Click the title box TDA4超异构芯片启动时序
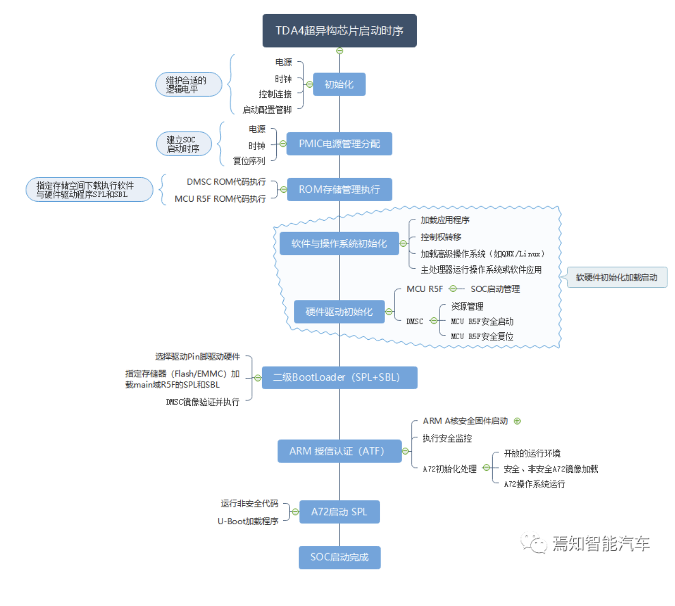(339, 31)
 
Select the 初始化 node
(339, 84)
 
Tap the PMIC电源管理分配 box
(339, 144)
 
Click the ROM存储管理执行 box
(339, 189)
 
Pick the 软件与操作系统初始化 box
(339, 243)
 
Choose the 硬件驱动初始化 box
(339, 312)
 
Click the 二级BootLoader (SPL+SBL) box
(339, 377)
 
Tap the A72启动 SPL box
(339, 512)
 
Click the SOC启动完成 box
(339, 557)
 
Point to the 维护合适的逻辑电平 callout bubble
(188, 85)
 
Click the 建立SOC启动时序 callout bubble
(183, 144)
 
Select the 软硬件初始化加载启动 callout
(617, 278)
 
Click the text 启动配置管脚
(267, 110)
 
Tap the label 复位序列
(249, 161)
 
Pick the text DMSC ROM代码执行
(226, 182)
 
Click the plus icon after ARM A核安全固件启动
(517, 421)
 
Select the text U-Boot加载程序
(248, 521)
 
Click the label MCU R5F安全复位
(482, 337)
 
